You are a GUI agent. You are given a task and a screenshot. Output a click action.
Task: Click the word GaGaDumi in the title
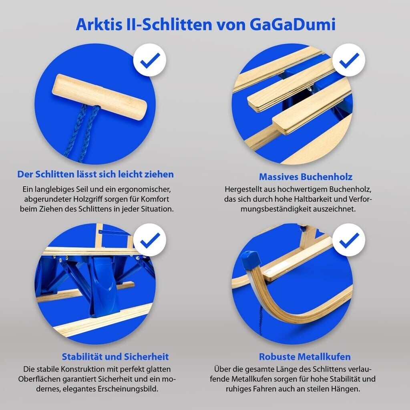point(292,24)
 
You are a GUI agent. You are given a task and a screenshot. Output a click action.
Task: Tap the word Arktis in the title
point(99,24)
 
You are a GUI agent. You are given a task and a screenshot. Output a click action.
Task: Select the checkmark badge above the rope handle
point(150,60)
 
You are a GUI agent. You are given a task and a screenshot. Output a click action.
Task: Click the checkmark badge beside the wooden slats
point(349,60)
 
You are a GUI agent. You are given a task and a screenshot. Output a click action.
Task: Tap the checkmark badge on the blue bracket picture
point(150,240)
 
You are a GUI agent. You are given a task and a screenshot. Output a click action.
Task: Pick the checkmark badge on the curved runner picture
point(349,240)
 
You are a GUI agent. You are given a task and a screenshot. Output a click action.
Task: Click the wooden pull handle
point(99,97)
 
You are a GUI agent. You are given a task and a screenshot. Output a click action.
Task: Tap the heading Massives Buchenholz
point(305,177)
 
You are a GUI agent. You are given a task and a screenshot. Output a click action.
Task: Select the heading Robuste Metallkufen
point(305,357)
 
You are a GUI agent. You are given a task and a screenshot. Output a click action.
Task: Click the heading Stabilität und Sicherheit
point(115,357)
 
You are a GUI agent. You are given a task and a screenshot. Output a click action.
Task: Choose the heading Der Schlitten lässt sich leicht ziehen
point(95,174)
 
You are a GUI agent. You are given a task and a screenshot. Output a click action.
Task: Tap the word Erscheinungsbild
point(128,389)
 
